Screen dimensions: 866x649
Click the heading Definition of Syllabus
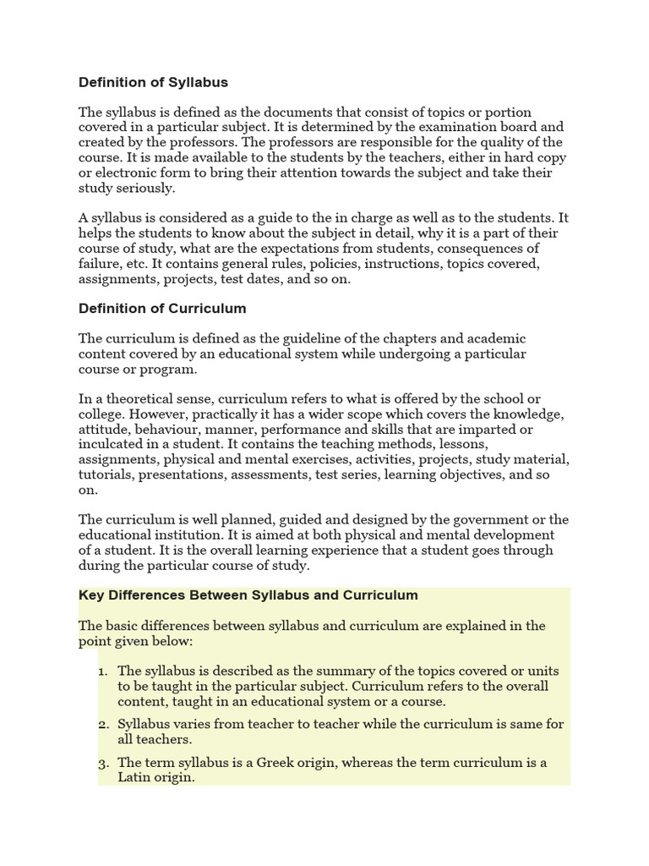tap(153, 83)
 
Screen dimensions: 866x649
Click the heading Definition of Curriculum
tap(162, 308)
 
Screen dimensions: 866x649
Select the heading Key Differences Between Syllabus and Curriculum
tap(248, 595)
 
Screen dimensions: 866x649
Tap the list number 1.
tap(102, 671)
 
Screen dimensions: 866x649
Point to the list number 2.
tap(102, 725)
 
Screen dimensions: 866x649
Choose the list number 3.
tap(102, 763)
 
